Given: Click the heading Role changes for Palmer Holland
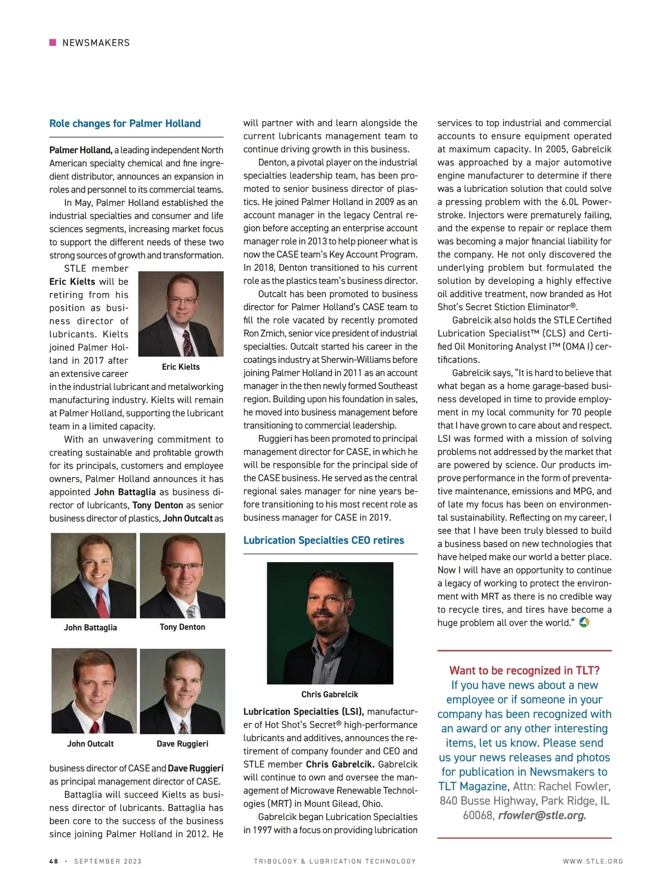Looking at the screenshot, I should [x=125, y=124].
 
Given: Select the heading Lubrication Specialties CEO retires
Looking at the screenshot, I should [x=323, y=540].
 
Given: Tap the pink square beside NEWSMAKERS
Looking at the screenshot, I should [x=53, y=42].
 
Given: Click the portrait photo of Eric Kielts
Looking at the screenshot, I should [x=181, y=314].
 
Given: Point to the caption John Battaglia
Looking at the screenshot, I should [x=90, y=627].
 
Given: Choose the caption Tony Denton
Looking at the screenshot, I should [x=182, y=627].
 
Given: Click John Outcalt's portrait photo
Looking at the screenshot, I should [x=94, y=691].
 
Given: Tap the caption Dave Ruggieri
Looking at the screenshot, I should [x=182, y=744].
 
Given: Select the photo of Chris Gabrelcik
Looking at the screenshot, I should [x=330, y=623].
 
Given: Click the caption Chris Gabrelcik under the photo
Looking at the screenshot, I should [x=329, y=694].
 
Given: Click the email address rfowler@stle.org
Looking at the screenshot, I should [x=542, y=815].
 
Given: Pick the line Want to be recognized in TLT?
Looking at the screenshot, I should [x=524, y=670].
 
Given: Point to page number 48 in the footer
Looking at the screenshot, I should [x=54, y=861].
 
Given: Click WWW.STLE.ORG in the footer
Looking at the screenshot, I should [x=593, y=861].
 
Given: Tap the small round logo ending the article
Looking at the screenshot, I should [x=584, y=622].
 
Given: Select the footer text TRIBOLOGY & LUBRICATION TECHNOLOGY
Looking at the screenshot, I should [x=335, y=861].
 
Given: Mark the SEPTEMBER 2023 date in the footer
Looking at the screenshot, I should [x=108, y=861].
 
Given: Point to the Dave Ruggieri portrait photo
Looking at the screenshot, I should [x=182, y=691].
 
